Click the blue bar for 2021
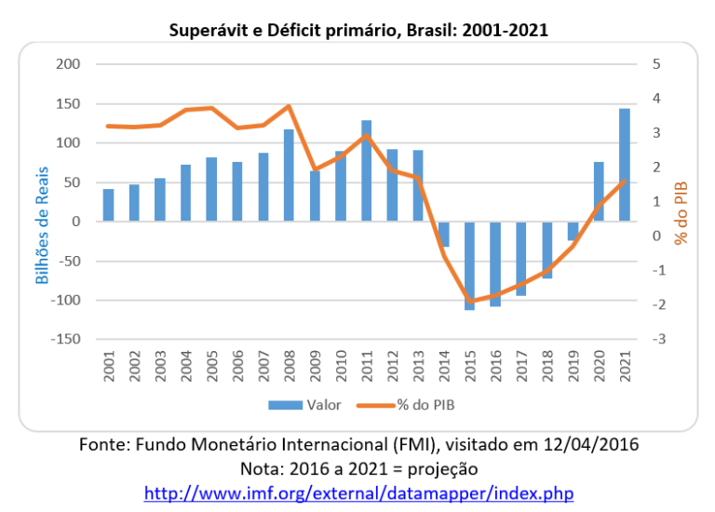(x=624, y=165)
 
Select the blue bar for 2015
(x=470, y=265)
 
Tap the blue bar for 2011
(x=366, y=170)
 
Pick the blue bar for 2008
(x=289, y=175)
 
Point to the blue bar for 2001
(x=109, y=205)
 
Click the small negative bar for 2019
(x=573, y=231)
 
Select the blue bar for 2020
(x=599, y=192)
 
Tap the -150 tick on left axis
(x=64, y=339)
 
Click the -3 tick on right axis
(x=657, y=339)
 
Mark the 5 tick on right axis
(x=657, y=64)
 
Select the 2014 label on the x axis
(x=445, y=371)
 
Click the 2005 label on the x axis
(x=212, y=371)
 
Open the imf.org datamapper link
(x=358, y=492)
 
